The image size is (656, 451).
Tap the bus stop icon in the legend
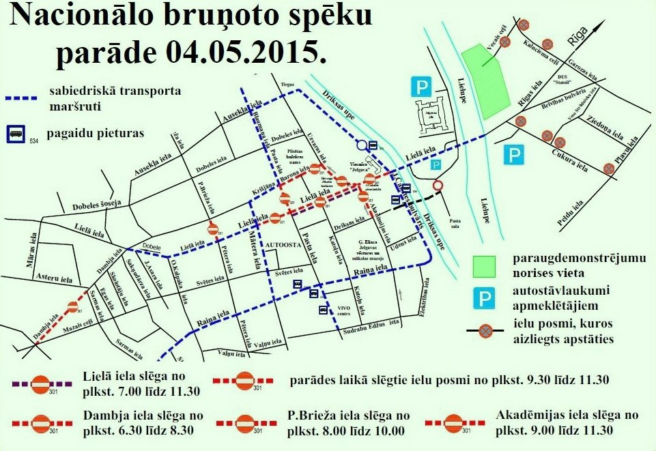[15, 134]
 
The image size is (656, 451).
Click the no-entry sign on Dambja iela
[72, 308]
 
